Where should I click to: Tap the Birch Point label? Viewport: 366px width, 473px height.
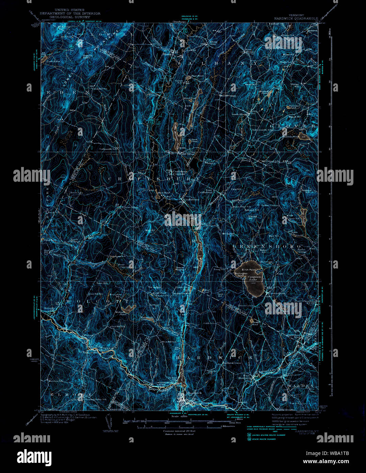pyautogui.click(x=248, y=270)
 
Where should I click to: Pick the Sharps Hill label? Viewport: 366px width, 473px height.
pyautogui.click(x=252, y=217)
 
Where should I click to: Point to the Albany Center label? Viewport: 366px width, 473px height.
pyautogui.click(x=212, y=44)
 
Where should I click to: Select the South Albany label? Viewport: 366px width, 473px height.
pyautogui.click(x=240, y=114)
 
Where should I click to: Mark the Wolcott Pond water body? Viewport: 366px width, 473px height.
pyautogui.click(x=127, y=309)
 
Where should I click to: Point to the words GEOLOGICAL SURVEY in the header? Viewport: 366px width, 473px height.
pyautogui.click(x=70, y=17)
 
